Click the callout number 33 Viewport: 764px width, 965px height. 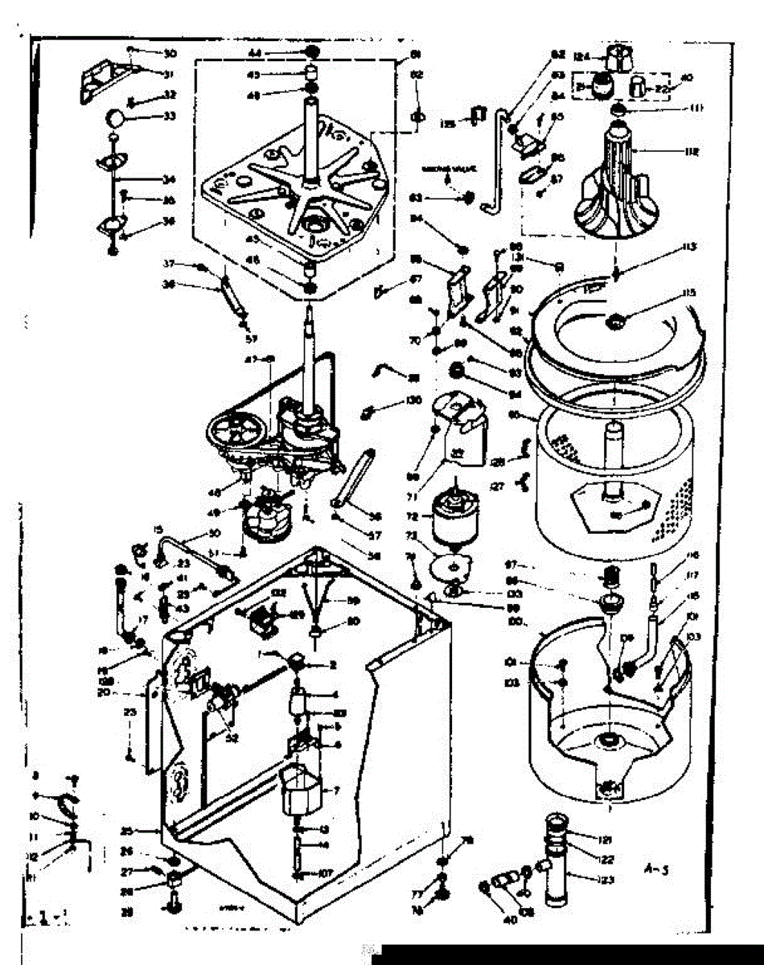point(170,116)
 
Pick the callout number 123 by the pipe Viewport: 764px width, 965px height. point(607,879)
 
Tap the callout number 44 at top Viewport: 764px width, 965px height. point(254,52)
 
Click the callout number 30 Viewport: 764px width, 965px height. point(170,54)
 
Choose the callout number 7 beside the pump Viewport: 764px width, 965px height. point(336,790)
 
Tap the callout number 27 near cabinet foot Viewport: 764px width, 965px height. point(125,871)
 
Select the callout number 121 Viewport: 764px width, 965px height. point(604,839)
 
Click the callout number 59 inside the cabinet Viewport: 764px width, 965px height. point(353,601)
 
